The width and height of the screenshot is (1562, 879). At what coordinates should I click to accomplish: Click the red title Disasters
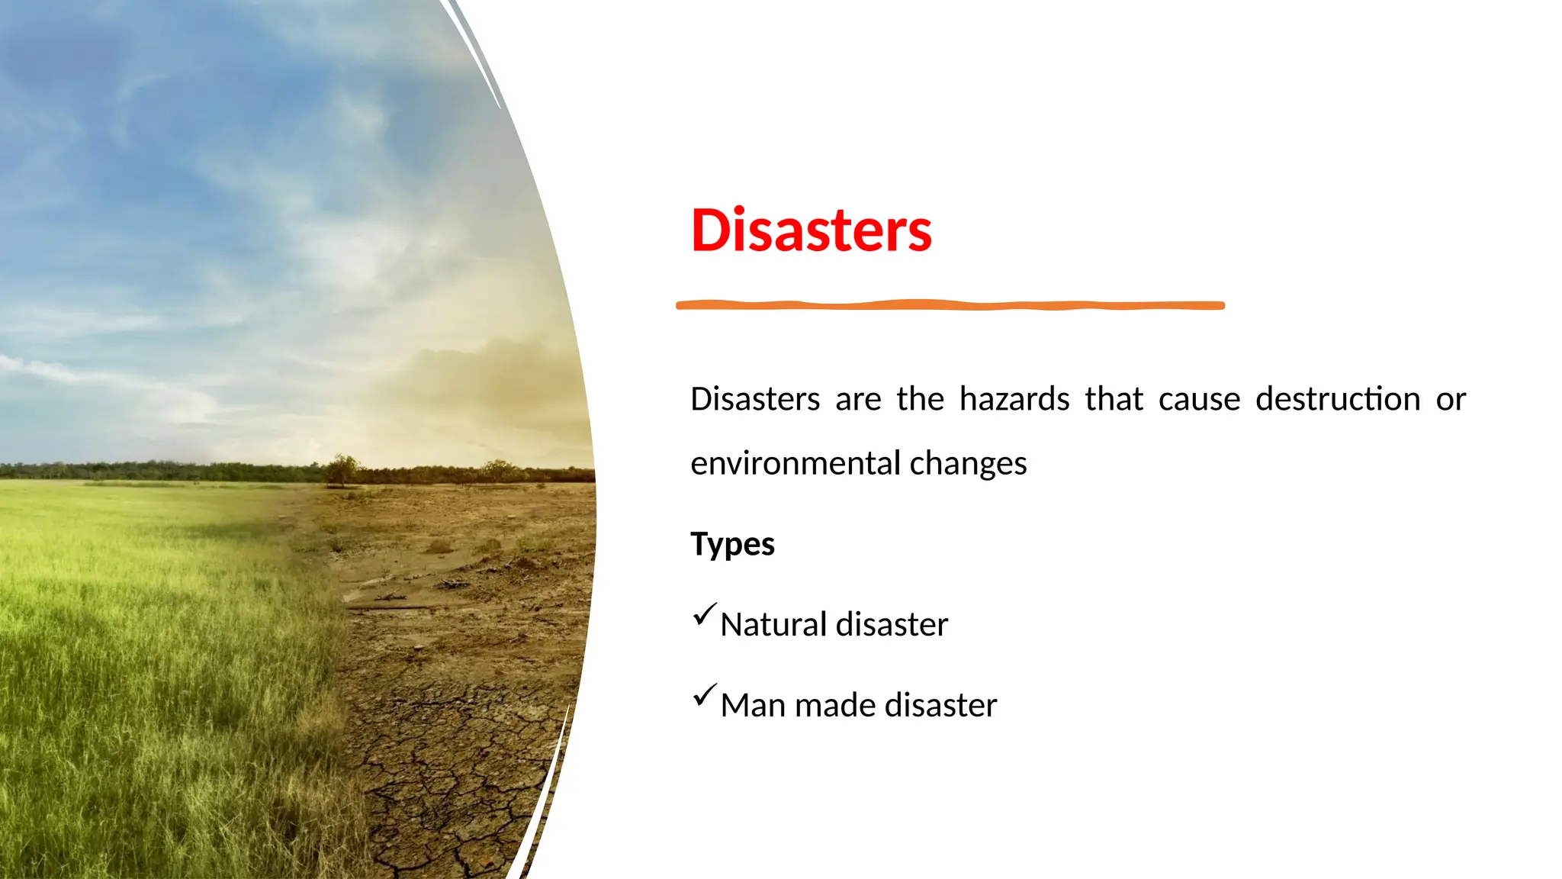coord(811,230)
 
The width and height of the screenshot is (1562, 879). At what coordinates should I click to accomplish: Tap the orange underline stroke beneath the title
coord(950,305)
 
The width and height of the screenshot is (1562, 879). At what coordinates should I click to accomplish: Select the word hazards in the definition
coord(1014,399)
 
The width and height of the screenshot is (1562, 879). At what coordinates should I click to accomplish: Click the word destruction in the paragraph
coord(1338,399)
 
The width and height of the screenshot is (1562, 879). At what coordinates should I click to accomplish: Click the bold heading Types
coord(732,545)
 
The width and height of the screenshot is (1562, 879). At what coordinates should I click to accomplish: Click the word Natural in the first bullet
coord(773,624)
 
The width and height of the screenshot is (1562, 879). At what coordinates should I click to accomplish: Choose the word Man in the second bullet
coord(753,705)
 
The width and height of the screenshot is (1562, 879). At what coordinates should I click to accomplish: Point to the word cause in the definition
coord(1199,399)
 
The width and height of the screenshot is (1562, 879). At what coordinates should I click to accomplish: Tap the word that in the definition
coord(1114,399)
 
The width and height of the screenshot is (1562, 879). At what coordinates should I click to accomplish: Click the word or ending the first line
coord(1450,399)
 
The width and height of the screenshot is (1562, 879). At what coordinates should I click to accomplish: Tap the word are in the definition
coord(858,399)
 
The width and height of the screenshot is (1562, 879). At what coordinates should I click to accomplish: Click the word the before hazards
coord(920,399)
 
